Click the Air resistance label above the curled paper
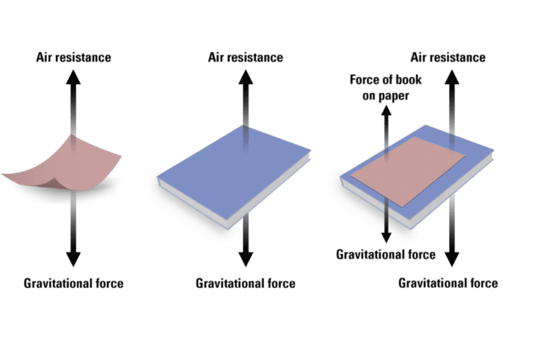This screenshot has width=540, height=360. pyautogui.click(x=73, y=58)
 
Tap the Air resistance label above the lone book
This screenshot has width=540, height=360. pyautogui.click(x=245, y=58)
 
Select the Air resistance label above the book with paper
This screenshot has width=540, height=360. pyautogui.click(x=448, y=58)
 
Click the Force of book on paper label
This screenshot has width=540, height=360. pyautogui.click(x=386, y=88)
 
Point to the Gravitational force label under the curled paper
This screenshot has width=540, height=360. pyautogui.click(x=73, y=284)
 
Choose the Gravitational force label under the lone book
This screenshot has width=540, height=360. pyautogui.click(x=245, y=284)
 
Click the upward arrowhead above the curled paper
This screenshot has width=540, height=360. pyautogui.click(x=73, y=77)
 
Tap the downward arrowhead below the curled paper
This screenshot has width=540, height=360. pyautogui.click(x=73, y=259)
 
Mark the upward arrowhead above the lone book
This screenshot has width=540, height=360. pyautogui.click(x=245, y=77)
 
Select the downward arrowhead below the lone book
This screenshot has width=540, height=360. pyautogui.click(x=245, y=259)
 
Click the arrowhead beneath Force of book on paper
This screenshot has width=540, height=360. pyautogui.click(x=386, y=110)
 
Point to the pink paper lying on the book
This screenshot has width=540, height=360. pyautogui.click(x=408, y=171)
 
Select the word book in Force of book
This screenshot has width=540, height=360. pyautogui.click(x=408, y=80)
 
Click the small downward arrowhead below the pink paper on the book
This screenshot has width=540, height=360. pyautogui.click(x=386, y=238)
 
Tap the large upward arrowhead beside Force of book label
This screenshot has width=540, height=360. pyautogui.click(x=452, y=77)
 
